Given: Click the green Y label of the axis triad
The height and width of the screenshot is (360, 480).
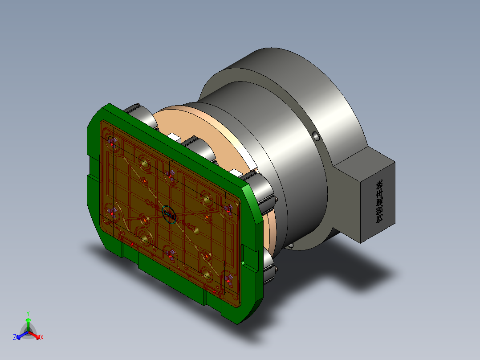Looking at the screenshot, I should (x=28, y=313).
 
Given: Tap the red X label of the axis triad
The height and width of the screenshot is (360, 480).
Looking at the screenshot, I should (x=41, y=338).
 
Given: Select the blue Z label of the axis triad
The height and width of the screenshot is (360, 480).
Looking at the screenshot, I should (x=15, y=338).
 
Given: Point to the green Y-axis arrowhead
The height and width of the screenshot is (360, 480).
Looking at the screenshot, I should (x=28, y=320).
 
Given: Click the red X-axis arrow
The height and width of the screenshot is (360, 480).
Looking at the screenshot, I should (x=37, y=335).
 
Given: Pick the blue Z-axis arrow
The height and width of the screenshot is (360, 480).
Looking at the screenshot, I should (x=20, y=335).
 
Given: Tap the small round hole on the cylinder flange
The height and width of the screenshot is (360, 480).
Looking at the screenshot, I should (x=315, y=135).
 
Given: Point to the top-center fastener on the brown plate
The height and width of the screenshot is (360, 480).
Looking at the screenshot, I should (x=169, y=175).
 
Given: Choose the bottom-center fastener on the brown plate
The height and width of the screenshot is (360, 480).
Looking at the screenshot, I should (x=169, y=255).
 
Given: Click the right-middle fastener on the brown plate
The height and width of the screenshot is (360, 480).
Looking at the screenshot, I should (x=229, y=209).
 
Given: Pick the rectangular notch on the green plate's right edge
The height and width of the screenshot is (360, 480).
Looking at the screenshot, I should (x=244, y=256).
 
